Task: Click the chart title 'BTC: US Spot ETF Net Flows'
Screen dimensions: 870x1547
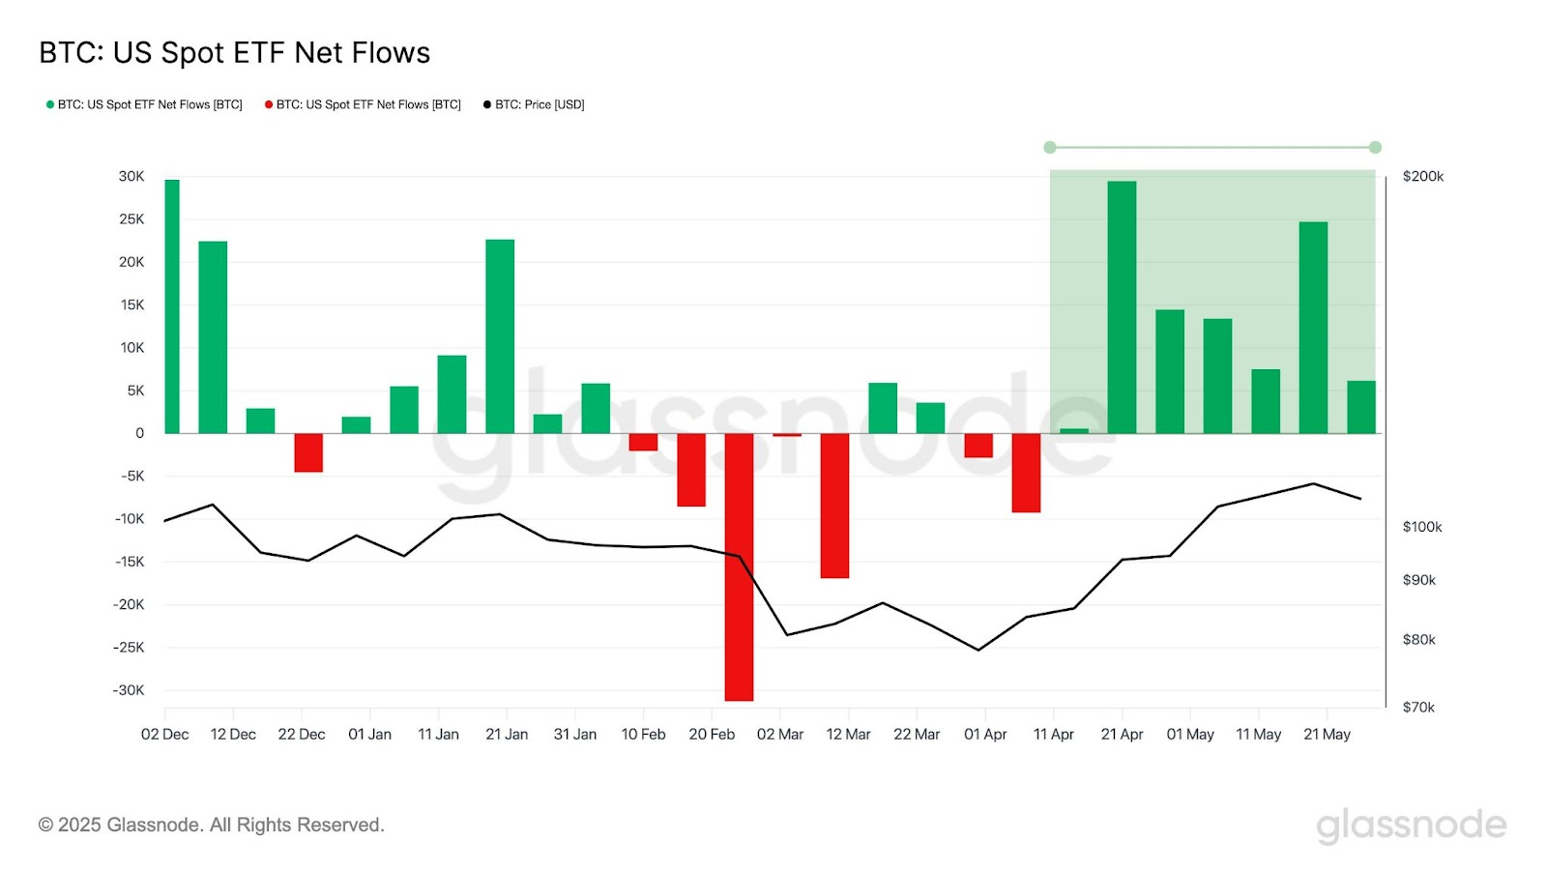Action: (234, 52)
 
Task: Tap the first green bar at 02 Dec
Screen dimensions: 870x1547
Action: (172, 305)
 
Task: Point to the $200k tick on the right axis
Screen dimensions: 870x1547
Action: (1422, 176)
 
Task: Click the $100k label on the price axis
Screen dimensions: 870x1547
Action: (1421, 527)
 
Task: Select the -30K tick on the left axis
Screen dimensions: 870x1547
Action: (128, 690)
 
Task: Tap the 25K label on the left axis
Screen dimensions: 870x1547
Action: (131, 219)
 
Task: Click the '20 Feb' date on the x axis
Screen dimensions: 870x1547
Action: (712, 735)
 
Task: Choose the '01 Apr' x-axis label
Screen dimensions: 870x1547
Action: (985, 735)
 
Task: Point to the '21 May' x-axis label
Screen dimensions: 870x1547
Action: (1327, 735)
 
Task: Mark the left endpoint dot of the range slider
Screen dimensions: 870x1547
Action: (1050, 147)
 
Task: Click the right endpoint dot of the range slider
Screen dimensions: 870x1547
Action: (1375, 147)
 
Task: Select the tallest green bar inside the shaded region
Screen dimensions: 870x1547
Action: (1122, 307)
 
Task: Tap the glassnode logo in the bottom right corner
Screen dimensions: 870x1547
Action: (1411, 825)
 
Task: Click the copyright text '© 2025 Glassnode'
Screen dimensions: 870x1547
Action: (211, 825)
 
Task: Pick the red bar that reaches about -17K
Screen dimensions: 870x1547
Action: (834, 506)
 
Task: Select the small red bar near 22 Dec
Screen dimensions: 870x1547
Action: (308, 452)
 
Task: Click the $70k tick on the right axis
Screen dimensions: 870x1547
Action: (1418, 708)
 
